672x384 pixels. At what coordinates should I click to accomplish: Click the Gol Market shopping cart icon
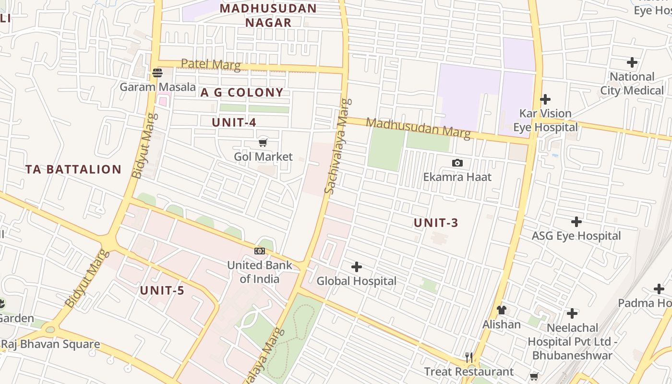coord(263,142)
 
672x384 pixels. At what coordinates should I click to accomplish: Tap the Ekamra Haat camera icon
coord(457,163)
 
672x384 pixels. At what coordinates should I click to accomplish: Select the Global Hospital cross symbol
coord(357,267)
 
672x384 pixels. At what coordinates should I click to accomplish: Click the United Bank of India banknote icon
coord(260,251)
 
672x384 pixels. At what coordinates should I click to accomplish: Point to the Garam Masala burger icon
coord(157,73)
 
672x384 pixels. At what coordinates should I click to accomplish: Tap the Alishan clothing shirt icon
coord(502,310)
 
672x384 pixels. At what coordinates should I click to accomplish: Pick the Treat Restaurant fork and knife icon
coord(469,357)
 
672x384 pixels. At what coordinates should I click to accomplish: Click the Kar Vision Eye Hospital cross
coord(545,99)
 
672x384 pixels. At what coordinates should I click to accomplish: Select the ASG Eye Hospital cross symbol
coord(576,222)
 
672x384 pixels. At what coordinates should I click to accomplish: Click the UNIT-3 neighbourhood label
coord(436,223)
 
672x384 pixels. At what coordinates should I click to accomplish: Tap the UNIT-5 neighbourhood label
coord(162,290)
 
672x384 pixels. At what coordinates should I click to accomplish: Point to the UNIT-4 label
coord(234,122)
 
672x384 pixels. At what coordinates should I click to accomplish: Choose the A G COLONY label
coord(242,93)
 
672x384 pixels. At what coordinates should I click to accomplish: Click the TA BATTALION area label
coord(73,169)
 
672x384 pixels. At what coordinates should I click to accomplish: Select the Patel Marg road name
coord(211,64)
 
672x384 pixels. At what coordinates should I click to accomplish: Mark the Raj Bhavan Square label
coord(50,344)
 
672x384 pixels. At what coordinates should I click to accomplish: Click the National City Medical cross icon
coord(632,62)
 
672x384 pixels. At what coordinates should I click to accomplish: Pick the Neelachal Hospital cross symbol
coord(572,313)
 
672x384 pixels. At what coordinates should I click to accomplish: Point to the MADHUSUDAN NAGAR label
coord(268,15)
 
